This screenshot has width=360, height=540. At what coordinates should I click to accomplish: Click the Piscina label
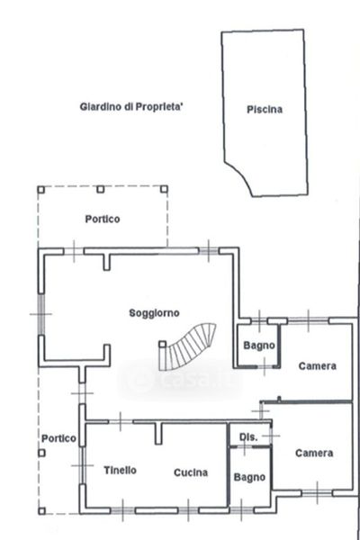[265, 110]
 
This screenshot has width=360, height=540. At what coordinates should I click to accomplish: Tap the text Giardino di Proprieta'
[131, 107]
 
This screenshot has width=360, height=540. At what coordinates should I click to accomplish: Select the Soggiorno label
[154, 313]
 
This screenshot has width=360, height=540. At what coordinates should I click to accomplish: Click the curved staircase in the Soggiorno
[187, 346]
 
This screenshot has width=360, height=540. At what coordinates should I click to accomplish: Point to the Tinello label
[121, 470]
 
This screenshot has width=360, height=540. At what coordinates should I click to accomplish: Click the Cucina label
[191, 472]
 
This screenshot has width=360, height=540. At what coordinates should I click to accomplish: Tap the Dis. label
[248, 437]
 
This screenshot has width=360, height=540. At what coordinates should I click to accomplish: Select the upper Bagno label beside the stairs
[259, 346]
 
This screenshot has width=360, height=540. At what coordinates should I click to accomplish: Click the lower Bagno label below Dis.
[249, 477]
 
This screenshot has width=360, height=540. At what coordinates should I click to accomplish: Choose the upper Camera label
[318, 365]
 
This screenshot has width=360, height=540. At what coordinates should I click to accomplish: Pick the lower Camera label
[314, 453]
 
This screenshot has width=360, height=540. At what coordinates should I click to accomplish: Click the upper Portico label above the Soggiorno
[103, 219]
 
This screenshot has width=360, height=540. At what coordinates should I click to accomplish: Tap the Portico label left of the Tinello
[58, 438]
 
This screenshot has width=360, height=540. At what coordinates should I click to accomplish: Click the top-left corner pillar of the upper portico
[41, 190]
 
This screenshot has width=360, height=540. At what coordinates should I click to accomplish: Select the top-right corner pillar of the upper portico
[165, 189]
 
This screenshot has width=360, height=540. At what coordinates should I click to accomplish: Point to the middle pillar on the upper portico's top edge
[100, 189]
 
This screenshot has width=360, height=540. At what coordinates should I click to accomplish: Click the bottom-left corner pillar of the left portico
[41, 511]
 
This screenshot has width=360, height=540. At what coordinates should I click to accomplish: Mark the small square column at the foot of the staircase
[162, 344]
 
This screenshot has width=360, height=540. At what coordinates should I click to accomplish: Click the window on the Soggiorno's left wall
[41, 314]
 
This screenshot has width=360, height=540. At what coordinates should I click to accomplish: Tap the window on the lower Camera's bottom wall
[317, 493]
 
